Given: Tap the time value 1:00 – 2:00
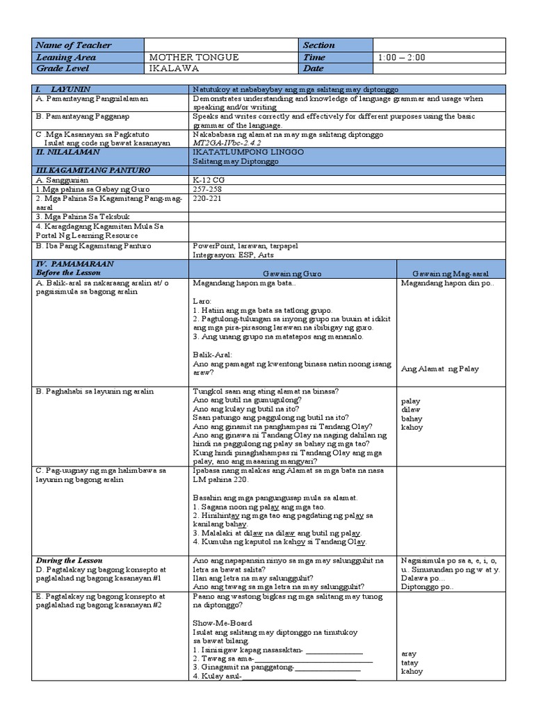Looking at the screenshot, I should pyautogui.click(x=402, y=57).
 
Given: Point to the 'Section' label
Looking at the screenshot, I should pyautogui.click(x=318, y=45).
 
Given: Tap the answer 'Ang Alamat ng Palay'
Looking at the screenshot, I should pyautogui.click(x=440, y=369).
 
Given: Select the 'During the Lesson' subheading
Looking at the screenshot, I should pyautogui.click(x=69, y=560).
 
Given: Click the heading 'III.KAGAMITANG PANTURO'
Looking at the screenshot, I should pyautogui.click(x=83, y=170).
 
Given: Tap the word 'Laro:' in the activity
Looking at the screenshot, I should pyautogui.click(x=202, y=300).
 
